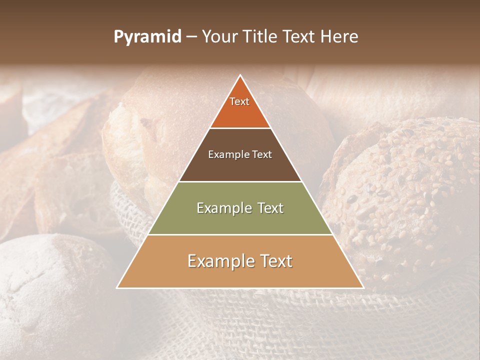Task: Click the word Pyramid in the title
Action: click(x=147, y=37)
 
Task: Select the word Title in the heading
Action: click(x=261, y=37)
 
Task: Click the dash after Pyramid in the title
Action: click(x=191, y=37)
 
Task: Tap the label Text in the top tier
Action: click(x=239, y=101)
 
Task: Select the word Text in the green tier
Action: click(x=267, y=208)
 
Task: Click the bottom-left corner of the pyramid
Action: click(x=117, y=287)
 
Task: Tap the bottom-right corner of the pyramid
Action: click(x=363, y=287)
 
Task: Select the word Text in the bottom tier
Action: click(x=275, y=261)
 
